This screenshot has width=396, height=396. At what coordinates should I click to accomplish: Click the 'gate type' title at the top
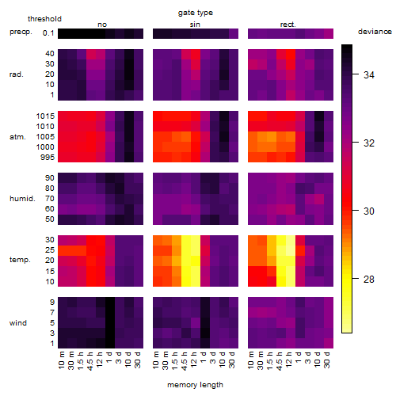point(196,13)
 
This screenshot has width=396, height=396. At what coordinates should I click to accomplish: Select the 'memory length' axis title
point(195,385)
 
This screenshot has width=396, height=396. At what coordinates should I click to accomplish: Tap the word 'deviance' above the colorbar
point(375,32)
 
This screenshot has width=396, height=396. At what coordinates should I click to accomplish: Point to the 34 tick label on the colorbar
point(369,75)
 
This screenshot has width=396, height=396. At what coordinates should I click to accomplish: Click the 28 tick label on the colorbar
point(369,279)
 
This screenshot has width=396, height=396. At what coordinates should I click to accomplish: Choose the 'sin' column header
point(195,25)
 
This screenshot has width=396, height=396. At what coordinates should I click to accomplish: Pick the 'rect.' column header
point(287,25)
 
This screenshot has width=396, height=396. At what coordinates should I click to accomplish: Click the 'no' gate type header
point(102,25)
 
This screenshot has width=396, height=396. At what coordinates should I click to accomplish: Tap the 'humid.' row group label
point(22,199)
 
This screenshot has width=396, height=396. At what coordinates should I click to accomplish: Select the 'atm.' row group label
point(17,137)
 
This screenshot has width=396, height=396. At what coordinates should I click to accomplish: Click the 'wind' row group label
point(18,323)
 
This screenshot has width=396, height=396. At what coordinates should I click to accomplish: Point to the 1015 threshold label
point(45,116)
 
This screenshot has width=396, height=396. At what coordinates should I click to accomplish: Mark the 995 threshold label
point(48,158)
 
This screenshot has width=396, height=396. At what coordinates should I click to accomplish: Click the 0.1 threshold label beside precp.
point(48,33)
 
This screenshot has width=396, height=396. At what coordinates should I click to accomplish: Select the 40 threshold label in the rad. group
point(50,54)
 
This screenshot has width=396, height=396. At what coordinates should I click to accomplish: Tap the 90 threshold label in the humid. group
point(50,178)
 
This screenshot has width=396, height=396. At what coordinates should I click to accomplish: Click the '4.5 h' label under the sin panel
point(185,360)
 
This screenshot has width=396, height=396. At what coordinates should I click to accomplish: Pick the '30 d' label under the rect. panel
point(327,360)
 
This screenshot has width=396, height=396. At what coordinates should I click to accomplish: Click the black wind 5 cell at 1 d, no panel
point(110,323)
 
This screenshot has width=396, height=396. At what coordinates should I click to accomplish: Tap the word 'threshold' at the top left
point(44,19)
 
